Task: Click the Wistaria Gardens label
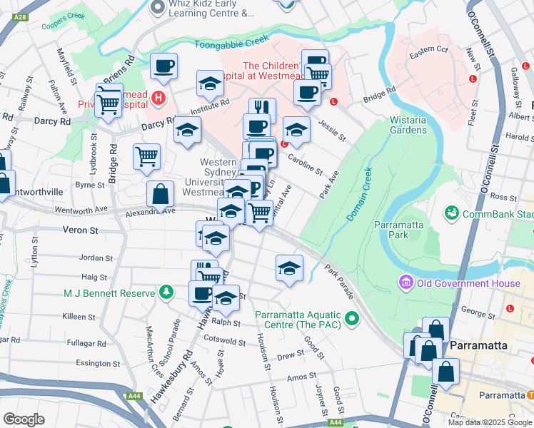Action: [x=408, y=125]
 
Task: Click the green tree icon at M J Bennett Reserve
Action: [x=166, y=292]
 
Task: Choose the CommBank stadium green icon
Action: [x=450, y=213]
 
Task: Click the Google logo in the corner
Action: [x=24, y=419]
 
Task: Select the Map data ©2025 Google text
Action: [x=489, y=422]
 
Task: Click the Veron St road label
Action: [x=80, y=230]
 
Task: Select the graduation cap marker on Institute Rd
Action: [x=211, y=83]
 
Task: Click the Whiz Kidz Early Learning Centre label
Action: [x=211, y=8]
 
